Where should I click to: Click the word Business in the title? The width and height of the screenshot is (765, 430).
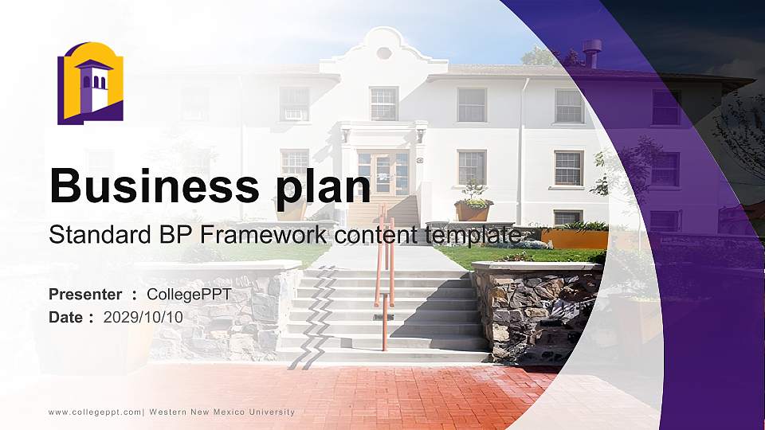click(x=154, y=186)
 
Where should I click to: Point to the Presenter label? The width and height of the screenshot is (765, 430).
click(x=85, y=295)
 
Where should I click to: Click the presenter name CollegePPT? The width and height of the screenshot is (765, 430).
click(x=189, y=295)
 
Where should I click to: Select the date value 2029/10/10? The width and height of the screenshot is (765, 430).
click(x=143, y=318)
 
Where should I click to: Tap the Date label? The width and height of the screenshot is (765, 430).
click(x=66, y=318)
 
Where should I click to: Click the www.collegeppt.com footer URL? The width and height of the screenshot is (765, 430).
click(x=95, y=412)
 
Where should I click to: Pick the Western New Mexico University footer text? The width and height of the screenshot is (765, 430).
click(x=222, y=412)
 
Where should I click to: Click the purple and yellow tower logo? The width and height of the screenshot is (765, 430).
click(x=90, y=84)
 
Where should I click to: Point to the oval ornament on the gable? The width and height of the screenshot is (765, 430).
click(x=384, y=53)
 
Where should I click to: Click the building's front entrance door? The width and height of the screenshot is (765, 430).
click(x=383, y=173)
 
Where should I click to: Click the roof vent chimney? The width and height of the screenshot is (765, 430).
click(x=591, y=53)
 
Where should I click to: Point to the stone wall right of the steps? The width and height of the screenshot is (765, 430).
click(x=536, y=312)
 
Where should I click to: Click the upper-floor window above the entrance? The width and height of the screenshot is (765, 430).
click(x=384, y=104)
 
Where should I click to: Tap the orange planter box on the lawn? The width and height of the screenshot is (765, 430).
click(x=575, y=239)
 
